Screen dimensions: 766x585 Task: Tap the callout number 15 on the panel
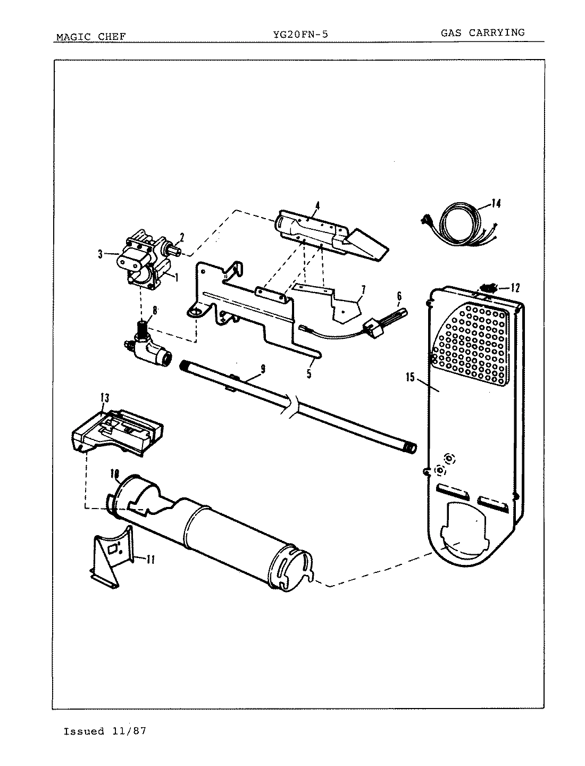tap(410, 378)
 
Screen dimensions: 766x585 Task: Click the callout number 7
tap(363, 290)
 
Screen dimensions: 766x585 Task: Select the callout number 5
tap(308, 374)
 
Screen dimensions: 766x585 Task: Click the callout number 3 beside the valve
tap(100, 255)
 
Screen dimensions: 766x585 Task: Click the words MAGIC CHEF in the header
tap(91, 37)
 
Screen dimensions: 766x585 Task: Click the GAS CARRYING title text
tap(482, 32)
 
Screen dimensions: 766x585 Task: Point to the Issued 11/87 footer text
tap(105, 731)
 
